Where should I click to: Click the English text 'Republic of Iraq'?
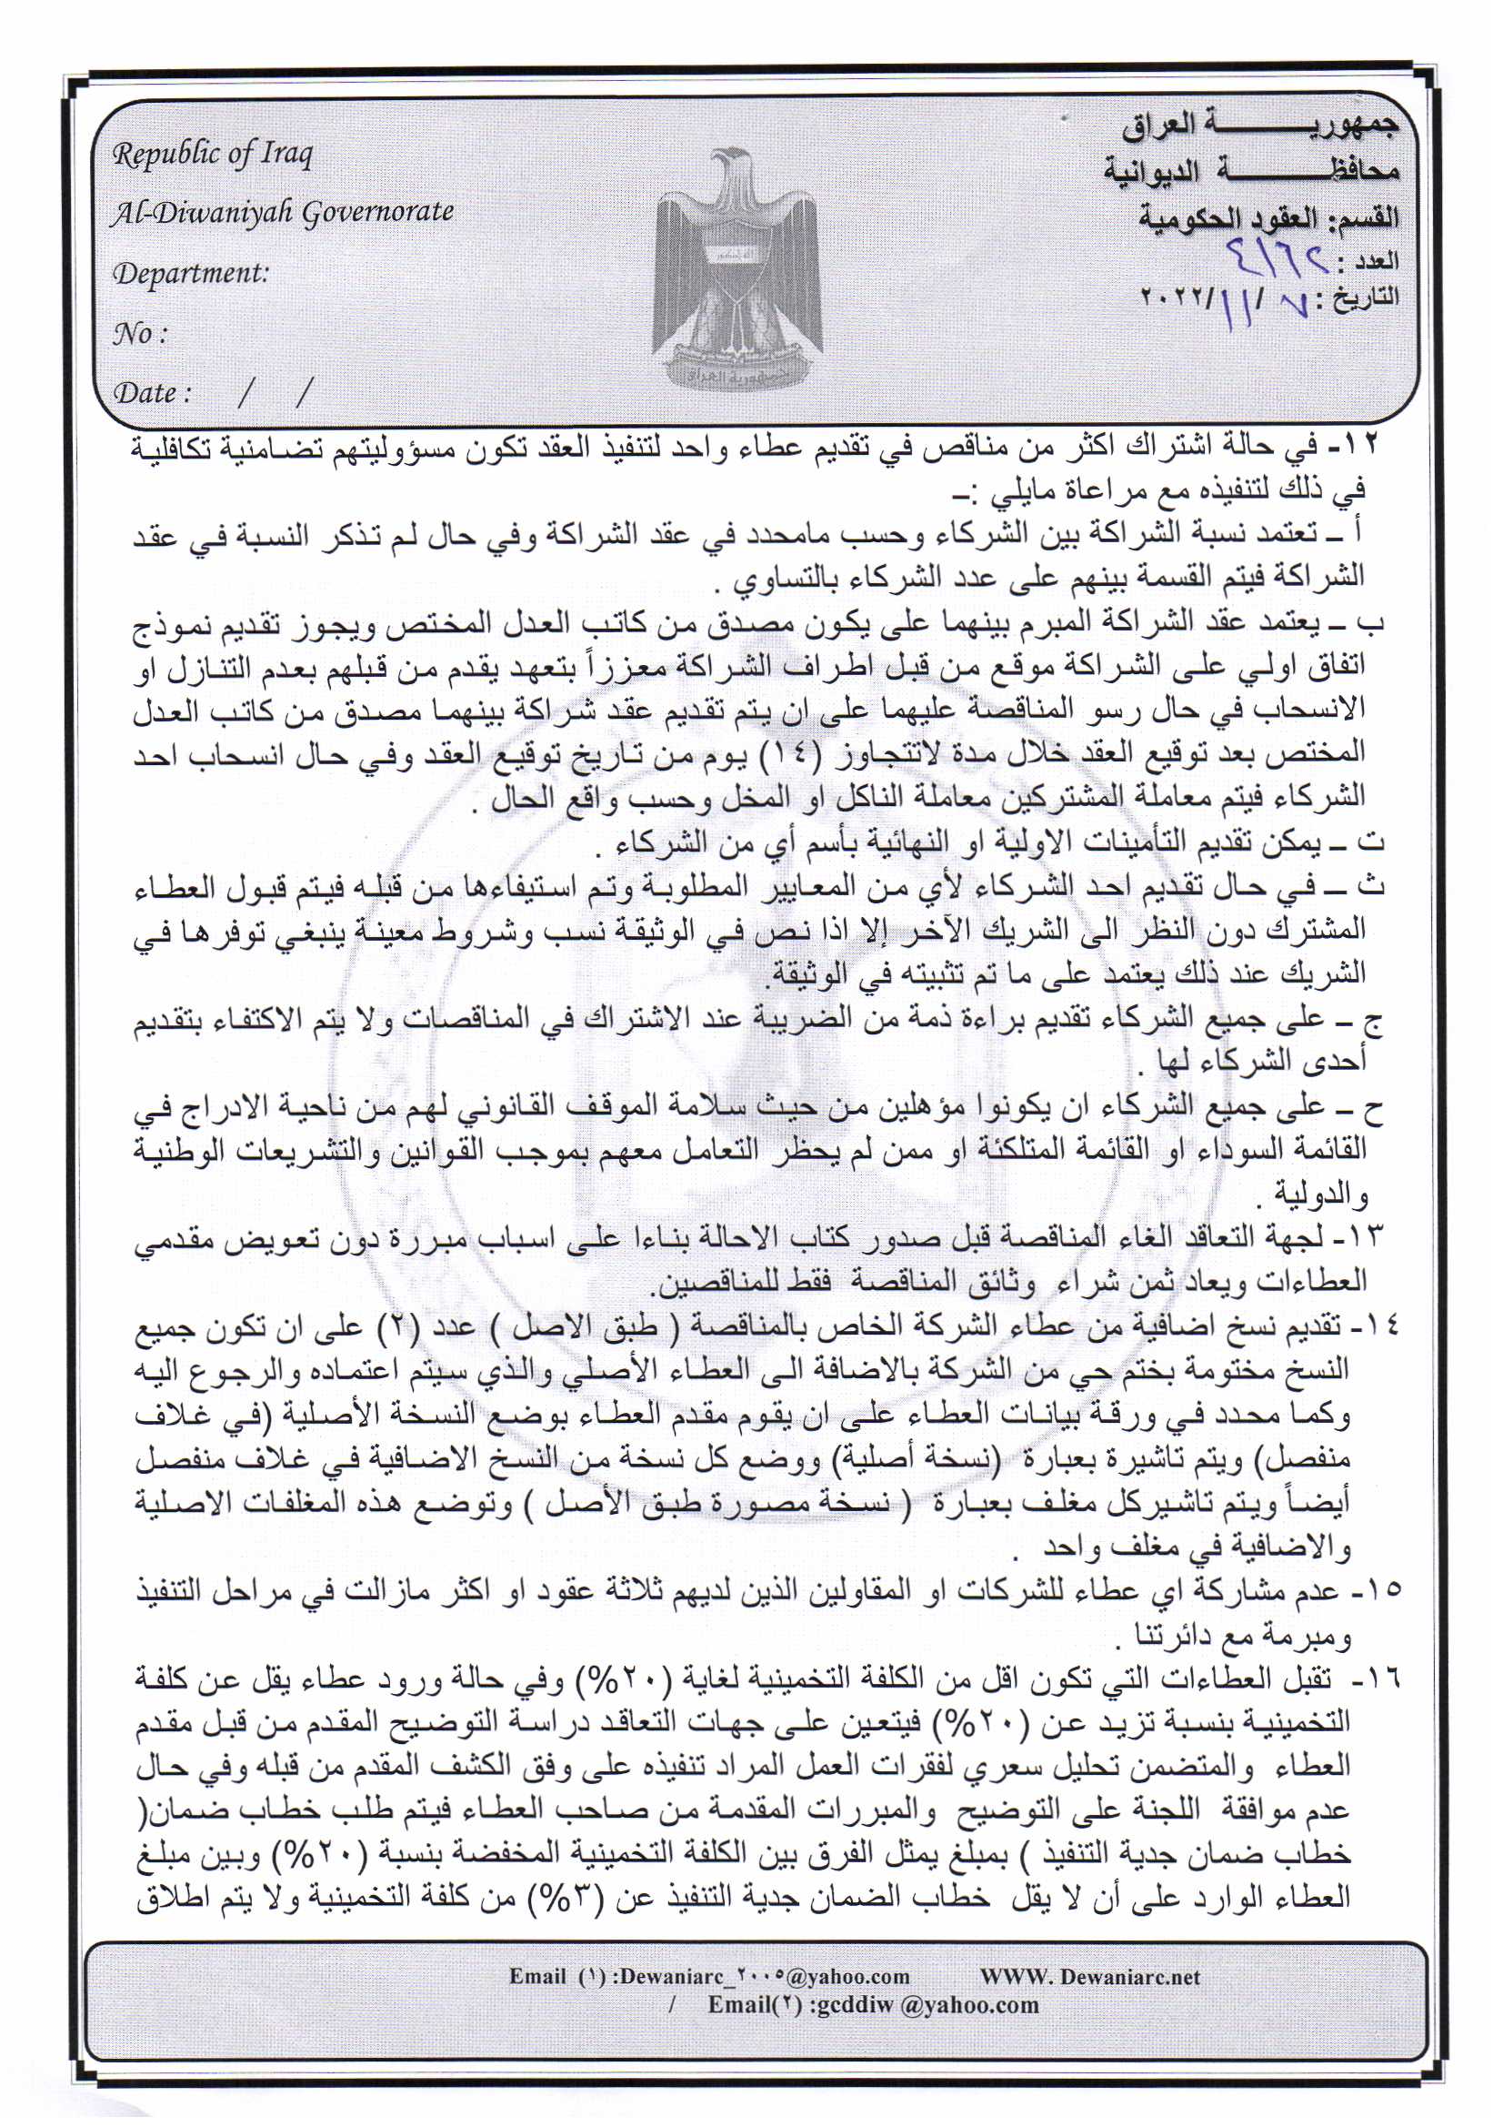(x=212, y=154)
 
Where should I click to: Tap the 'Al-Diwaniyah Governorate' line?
(x=282, y=213)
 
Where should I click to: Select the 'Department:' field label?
(x=190, y=274)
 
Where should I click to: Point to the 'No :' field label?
(x=139, y=334)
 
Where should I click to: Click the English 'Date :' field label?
(x=151, y=393)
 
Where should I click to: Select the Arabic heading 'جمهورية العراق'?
(x=1259, y=127)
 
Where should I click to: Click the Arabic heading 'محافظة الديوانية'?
(x=1251, y=171)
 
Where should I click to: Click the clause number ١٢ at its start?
(x=1365, y=445)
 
